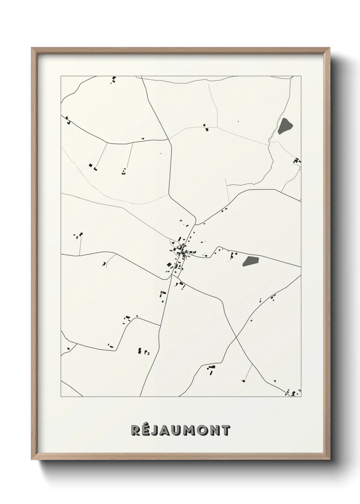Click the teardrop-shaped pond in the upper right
click(x=284, y=126)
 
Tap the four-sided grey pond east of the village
click(x=251, y=261)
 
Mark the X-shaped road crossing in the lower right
click(x=236, y=337)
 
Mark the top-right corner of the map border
click(x=301, y=76)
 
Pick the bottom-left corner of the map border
click(x=61, y=397)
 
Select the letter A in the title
click(x=165, y=430)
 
